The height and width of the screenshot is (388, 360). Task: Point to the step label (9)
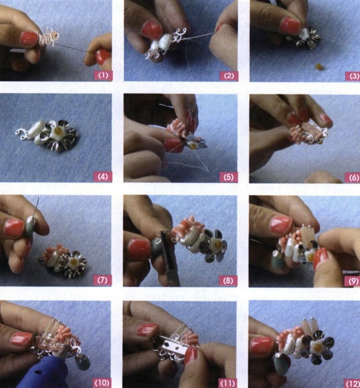(351, 281)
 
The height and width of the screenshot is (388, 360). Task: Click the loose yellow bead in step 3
(320, 67)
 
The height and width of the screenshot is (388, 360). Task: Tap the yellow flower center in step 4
(58, 129)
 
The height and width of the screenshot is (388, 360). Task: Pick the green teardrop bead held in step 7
(30, 225)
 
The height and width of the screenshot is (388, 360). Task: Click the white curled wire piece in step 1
(48, 37)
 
